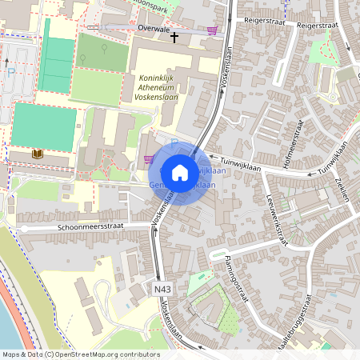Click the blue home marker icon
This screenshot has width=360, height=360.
[x=180, y=172]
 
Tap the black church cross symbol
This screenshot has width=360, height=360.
[x=174, y=37]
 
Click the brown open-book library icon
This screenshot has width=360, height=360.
[x=37, y=153]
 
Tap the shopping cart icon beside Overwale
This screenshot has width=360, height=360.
[x=212, y=30]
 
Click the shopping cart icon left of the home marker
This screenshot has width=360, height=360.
[x=149, y=158]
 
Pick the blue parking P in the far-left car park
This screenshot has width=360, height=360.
[x=11, y=71]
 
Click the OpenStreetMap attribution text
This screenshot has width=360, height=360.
[x=81, y=354]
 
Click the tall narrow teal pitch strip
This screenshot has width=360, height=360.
[x=57, y=54]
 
